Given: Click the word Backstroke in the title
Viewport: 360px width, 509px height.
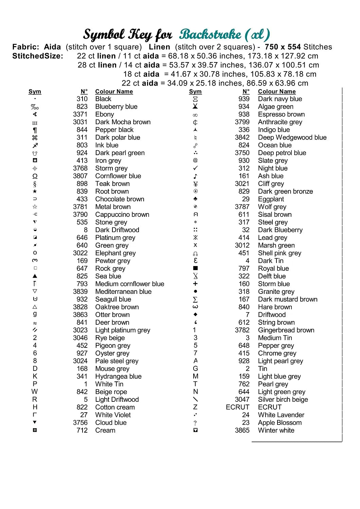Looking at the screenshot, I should pos(211,34).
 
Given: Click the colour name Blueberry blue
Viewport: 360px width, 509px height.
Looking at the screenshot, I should pos(116,107).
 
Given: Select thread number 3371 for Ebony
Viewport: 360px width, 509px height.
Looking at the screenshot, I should pos(80,114).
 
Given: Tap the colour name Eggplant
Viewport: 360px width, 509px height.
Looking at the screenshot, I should pos(271,199).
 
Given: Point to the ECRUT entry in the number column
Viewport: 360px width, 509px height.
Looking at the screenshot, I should pos(237,407).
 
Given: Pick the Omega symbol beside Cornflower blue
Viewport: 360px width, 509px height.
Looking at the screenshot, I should pos(35,176).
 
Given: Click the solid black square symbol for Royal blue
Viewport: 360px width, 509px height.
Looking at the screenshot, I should pos(195,268).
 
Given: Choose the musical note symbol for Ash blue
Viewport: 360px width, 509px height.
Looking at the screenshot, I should pos(195,176).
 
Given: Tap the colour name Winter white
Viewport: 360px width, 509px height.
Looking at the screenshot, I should pos(276,430).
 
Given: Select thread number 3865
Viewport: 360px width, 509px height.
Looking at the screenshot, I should pos(242,430).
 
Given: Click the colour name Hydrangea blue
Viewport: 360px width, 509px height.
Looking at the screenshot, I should pos(118,376).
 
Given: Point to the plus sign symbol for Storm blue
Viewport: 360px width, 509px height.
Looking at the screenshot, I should pos(195,284).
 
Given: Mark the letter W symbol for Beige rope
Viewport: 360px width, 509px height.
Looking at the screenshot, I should pos(35,392).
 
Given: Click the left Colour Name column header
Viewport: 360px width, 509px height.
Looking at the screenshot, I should pos(114,92).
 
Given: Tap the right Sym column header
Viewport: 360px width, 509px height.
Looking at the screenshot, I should pos(195,92).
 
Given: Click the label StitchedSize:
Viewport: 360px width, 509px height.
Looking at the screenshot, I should pos(38,56).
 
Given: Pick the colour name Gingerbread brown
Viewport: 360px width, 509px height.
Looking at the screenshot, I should pos(286,330).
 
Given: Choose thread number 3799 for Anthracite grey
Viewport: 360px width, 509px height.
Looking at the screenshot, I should pos(242,122).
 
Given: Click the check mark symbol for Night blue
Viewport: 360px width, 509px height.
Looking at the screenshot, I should pos(195,168).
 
